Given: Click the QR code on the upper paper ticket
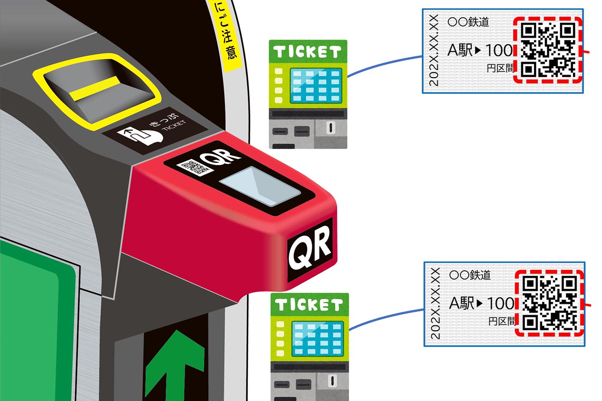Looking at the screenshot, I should click(548, 50).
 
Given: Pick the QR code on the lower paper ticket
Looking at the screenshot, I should click(549, 302).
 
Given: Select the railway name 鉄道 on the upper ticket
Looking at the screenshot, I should click(478, 22).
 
